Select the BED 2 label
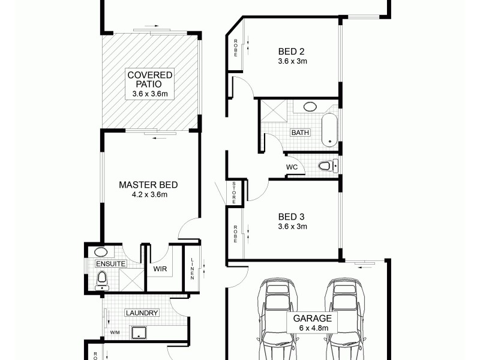(292, 51)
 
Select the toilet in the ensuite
(102, 278)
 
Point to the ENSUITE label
(110, 263)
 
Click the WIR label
(160, 269)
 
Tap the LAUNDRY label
(142, 313)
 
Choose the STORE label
(235, 193)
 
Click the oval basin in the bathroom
(310, 107)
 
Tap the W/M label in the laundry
(114, 332)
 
